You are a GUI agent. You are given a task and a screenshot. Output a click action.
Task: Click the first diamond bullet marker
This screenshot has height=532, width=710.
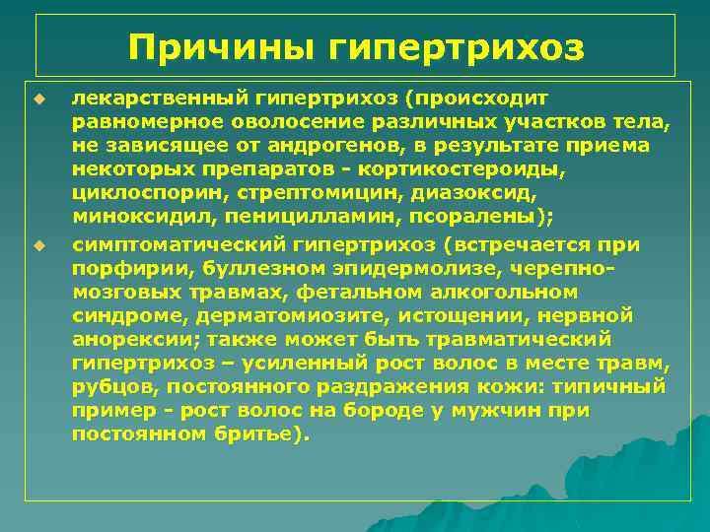[39, 98]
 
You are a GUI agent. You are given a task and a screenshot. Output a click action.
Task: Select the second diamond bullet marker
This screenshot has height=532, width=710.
[39, 243]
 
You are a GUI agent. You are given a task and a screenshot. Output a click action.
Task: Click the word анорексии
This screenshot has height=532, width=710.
[122, 338]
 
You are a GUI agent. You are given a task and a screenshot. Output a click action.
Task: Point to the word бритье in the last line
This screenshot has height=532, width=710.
[260, 432]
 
